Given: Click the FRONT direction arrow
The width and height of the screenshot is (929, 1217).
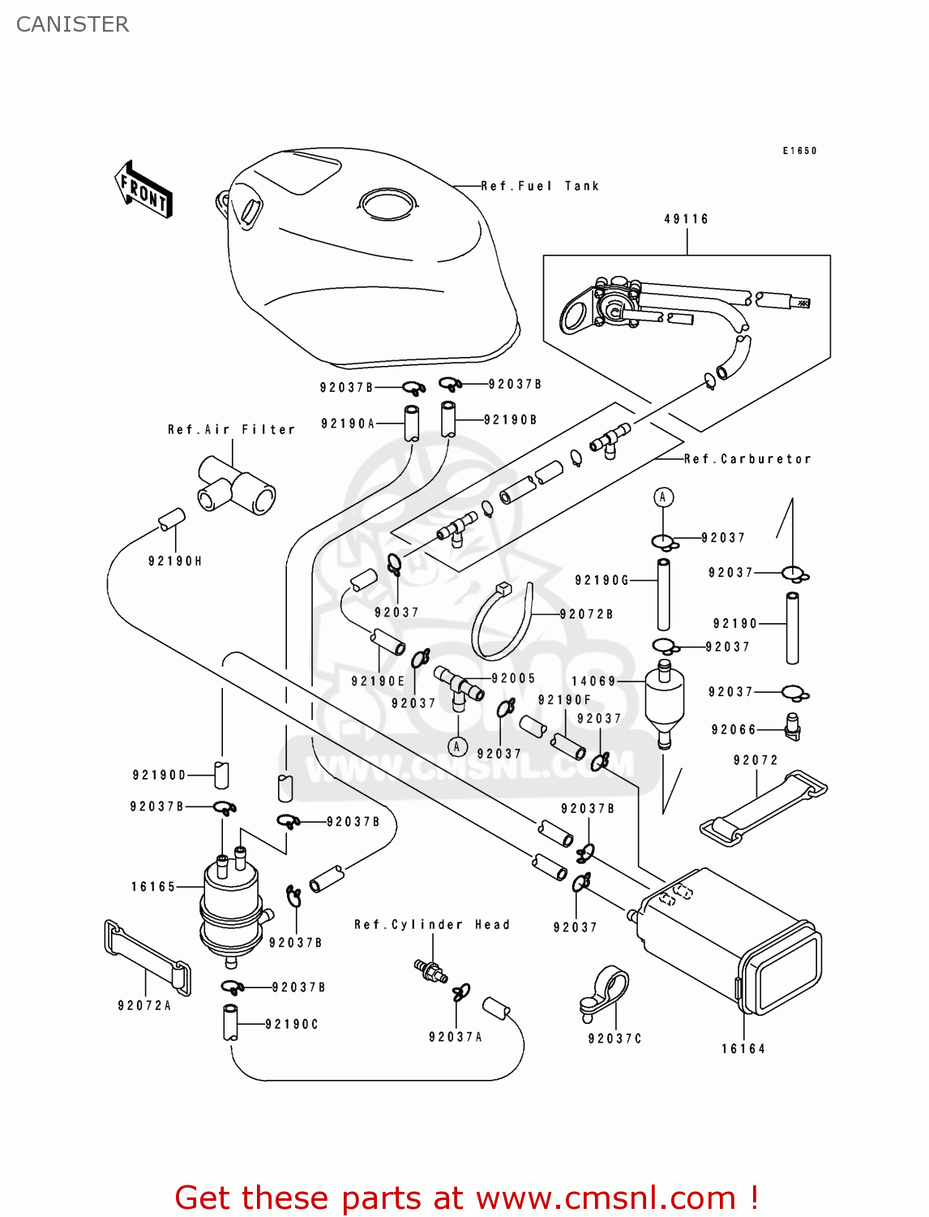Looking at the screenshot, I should pos(144,190).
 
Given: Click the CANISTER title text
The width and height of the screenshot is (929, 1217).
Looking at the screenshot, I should pos(72,24).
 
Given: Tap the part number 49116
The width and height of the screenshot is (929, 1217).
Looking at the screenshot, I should pos(687,219).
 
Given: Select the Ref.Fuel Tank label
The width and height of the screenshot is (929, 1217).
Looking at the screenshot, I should pos(540,187).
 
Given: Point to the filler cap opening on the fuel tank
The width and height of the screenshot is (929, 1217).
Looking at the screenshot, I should pos(388,203).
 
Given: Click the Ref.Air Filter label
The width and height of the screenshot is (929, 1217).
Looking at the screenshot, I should pos(231,430).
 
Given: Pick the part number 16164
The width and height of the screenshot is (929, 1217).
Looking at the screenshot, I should pos(743,1049).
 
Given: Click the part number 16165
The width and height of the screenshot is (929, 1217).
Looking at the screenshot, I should pos(153,887).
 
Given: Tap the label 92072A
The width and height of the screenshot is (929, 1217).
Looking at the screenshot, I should pos(144,1006).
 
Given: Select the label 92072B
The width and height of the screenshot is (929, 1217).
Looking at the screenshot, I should pos(586,614).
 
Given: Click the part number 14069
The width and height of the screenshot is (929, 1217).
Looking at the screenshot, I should pos(594,682).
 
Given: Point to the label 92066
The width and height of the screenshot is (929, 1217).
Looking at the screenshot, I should pos(734,730).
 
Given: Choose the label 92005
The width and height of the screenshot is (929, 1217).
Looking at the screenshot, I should pos(513,678).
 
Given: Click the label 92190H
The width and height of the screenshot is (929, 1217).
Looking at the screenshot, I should pos(175,561).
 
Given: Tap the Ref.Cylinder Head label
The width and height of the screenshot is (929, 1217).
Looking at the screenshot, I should pos(432,925).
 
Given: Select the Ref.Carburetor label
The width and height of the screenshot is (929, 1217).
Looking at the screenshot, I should pos(747,459).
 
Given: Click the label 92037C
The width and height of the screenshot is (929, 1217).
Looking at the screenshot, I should pos(615,1039).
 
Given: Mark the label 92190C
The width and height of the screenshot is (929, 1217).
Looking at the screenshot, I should pos(292,1025).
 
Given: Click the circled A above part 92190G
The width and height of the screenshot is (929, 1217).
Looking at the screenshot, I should pos(663,497).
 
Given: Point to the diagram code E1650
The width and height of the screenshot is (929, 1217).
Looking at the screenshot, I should pos(800,151).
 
